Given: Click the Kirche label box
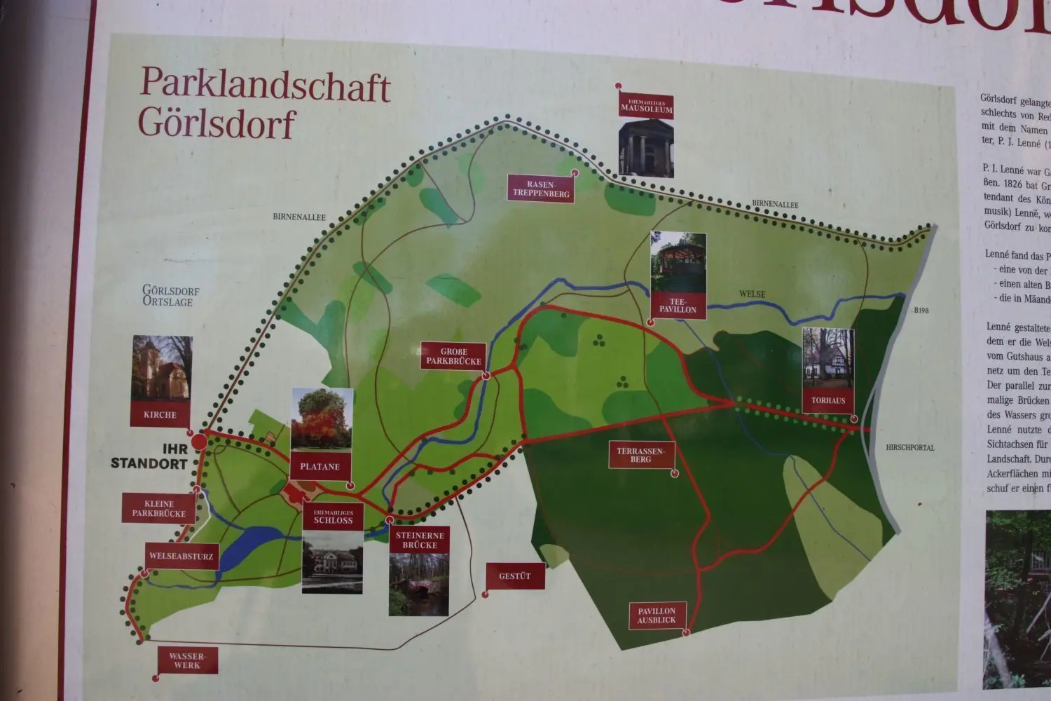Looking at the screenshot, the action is [x=160, y=414].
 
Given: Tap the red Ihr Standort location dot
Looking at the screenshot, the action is [x=200, y=441].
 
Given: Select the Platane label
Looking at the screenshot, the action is [x=320, y=466].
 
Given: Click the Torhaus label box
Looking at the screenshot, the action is [x=828, y=401].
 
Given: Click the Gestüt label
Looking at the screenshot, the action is [x=515, y=576].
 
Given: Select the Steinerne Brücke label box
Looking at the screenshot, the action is [x=420, y=540].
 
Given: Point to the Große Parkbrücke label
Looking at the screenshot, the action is [x=454, y=357].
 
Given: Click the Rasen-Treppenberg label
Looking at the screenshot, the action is [x=541, y=189].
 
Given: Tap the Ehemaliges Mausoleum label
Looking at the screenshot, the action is [x=646, y=107].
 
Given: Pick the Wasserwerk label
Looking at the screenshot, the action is [x=187, y=661].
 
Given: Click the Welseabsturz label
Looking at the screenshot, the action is [x=181, y=557].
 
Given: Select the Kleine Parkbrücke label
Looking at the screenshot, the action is [x=159, y=508].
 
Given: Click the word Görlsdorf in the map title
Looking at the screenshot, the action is [x=217, y=123].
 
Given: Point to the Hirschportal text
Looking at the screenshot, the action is [x=909, y=447].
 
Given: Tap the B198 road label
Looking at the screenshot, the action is [x=921, y=311].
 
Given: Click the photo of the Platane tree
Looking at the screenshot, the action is [x=322, y=418].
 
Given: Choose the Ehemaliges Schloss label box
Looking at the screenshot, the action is [x=333, y=517].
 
